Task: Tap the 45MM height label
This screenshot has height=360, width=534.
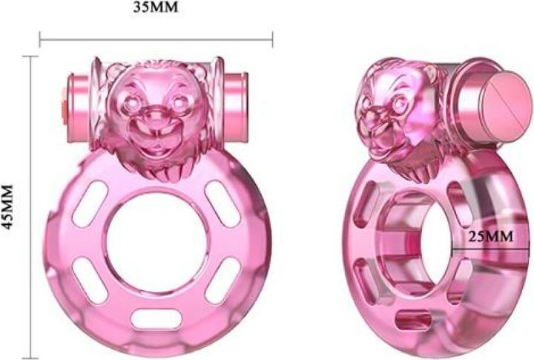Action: pos(10,207)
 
